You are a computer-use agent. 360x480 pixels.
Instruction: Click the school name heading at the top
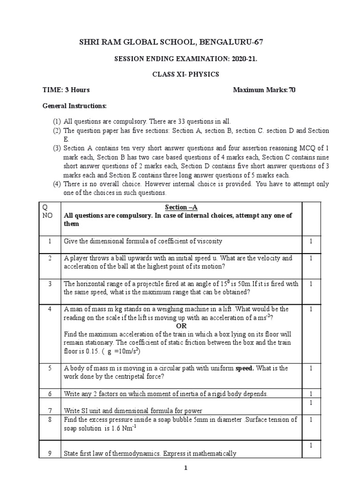180,43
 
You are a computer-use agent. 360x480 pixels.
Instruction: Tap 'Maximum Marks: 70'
264,90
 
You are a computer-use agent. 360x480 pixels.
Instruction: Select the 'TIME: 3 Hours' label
66,90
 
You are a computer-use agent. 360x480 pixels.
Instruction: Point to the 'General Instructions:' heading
75,106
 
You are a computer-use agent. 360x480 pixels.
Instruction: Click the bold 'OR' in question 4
181,326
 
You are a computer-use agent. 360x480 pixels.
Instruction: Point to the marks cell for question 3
310,284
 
